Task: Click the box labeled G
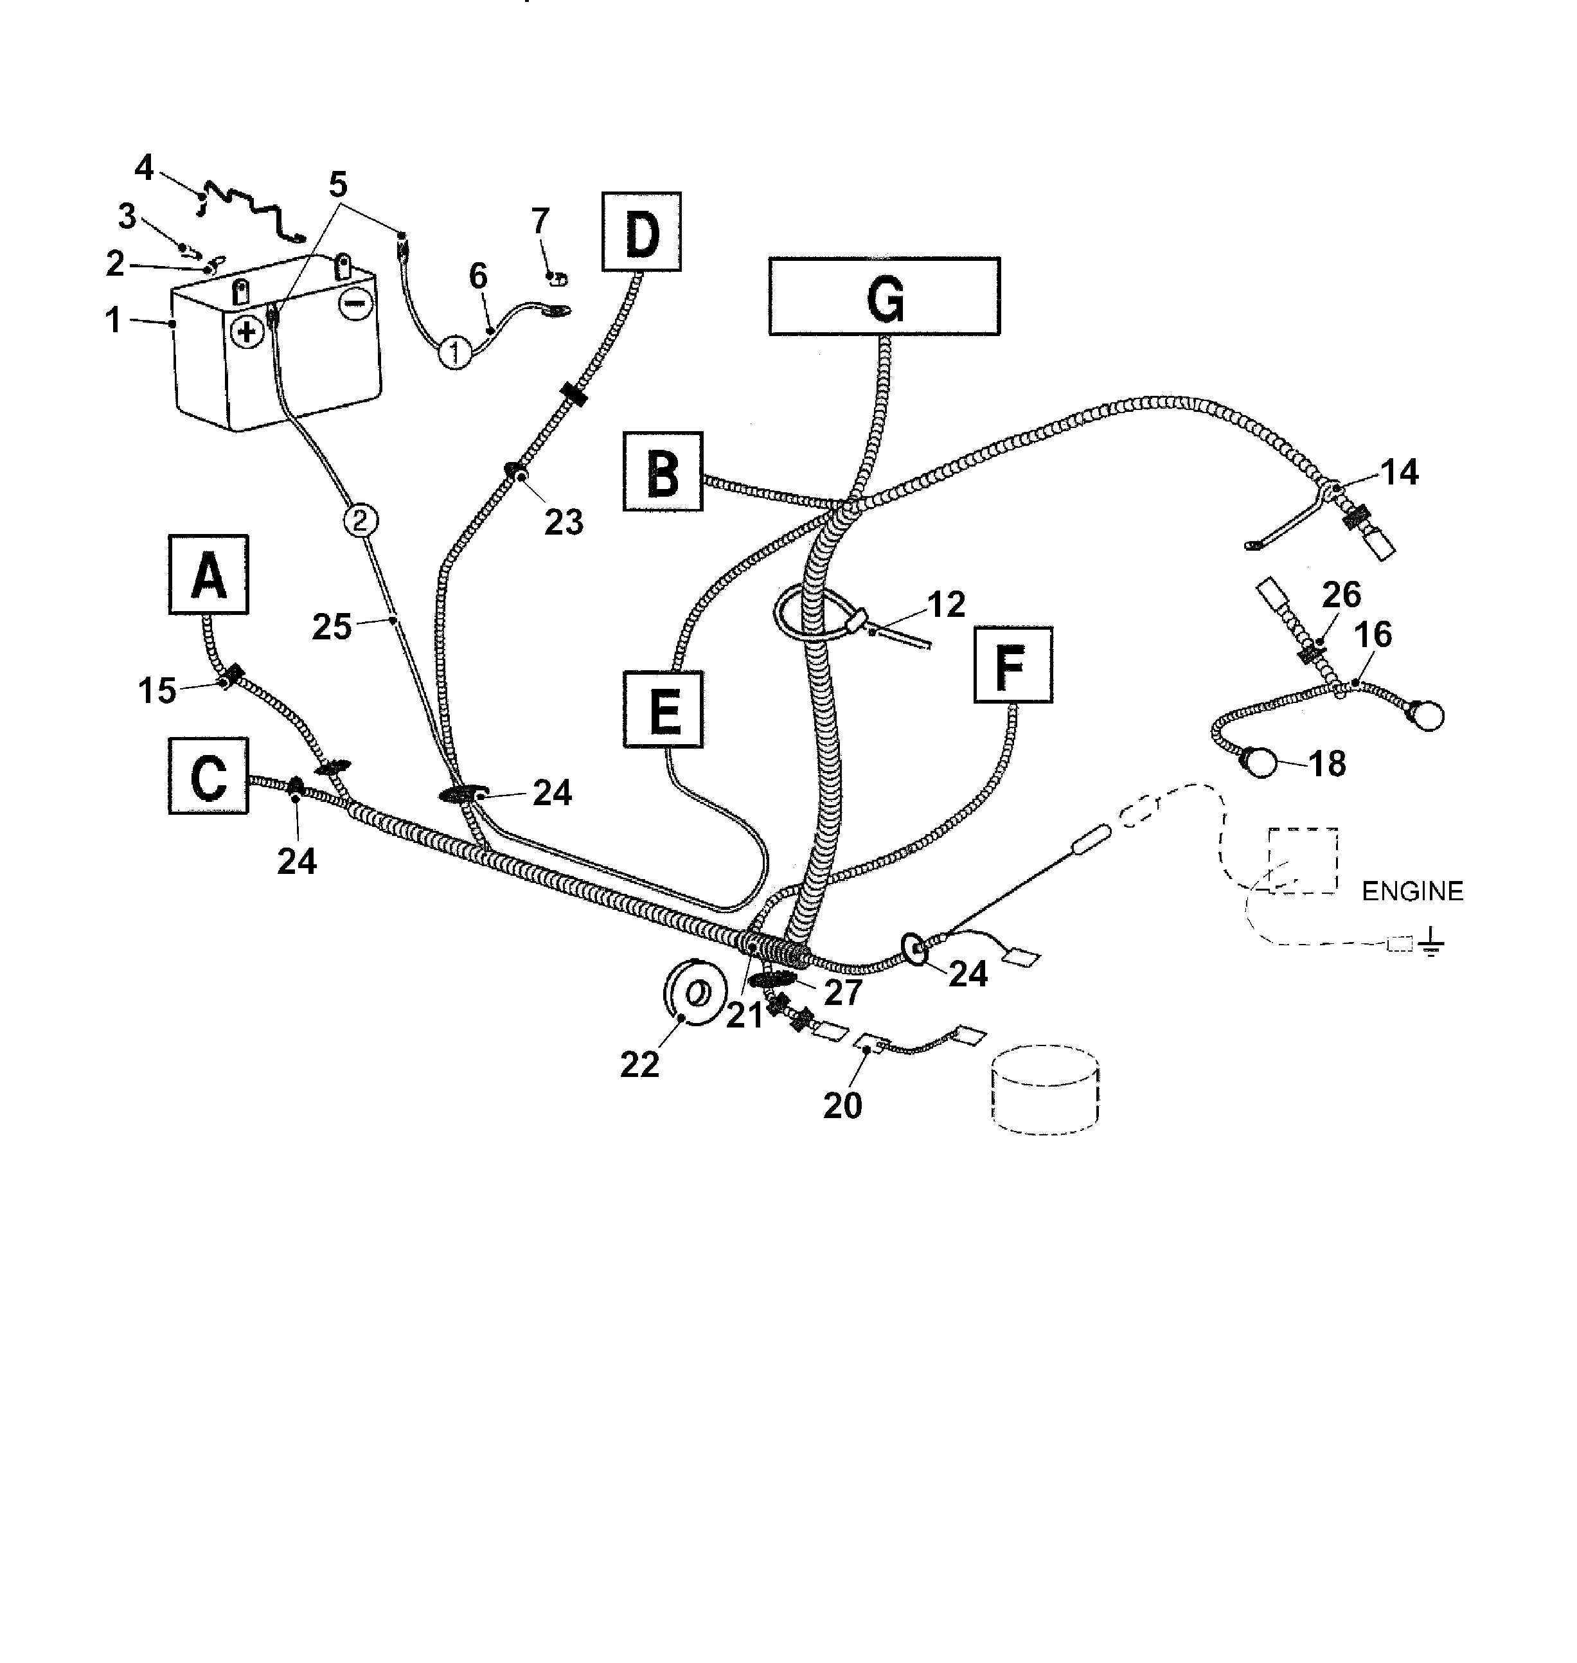(884, 296)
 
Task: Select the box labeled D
(641, 231)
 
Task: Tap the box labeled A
(208, 574)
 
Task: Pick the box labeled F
(1013, 665)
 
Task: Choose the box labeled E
(663, 709)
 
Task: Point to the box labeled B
(663, 472)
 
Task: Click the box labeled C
(208, 775)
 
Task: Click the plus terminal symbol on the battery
(246, 332)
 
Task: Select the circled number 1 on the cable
(455, 352)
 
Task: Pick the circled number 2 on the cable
(360, 520)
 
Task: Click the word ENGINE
(1412, 891)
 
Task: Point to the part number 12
(947, 605)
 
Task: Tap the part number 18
(1327, 764)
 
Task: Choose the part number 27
(843, 993)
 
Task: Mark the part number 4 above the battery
(145, 168)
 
